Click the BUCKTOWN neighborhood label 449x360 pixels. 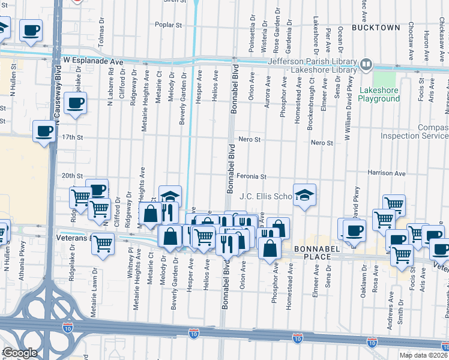pos(376,28)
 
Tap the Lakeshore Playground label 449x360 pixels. pos(379,95)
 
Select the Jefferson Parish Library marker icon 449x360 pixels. pos(366,64)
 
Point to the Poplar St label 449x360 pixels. pos(168,25)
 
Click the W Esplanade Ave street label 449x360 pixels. pos(92,61)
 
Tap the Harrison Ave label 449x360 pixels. pos(387,173)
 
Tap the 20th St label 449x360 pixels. pos(72,175)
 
